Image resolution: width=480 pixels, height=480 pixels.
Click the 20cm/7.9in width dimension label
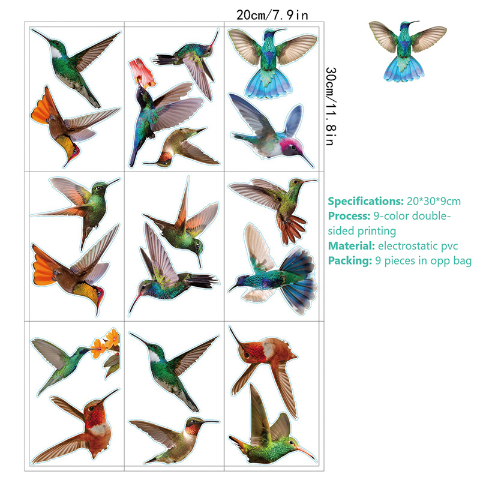pos(272,14)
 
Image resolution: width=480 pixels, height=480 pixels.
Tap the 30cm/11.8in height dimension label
pos(331,106)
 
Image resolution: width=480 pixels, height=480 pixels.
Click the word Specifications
pos(365,202)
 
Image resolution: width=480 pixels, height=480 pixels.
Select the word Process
pos(349,216)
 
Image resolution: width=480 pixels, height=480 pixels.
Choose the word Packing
pos(350,261)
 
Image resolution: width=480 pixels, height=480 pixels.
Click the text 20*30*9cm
pos(434,202)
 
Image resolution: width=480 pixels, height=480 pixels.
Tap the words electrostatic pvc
pos(418,246)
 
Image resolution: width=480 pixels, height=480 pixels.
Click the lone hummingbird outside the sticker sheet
pos(407,50)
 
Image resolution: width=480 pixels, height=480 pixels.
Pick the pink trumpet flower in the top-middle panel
pos(142,73)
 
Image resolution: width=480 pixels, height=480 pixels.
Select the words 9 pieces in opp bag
pos(424,261)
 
